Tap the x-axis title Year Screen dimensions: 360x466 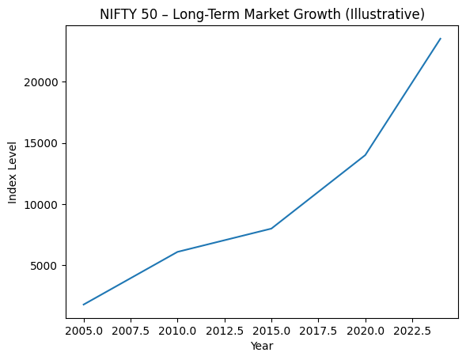tap(262, 346)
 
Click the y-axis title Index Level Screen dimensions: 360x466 tap(13, 172)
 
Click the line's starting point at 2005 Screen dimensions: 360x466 tap(84, 305)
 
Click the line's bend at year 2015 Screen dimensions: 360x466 tap(271, 229)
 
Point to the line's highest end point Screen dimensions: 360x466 tap(441, 39)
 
